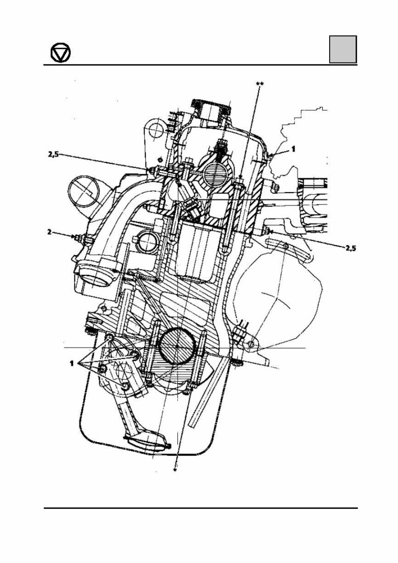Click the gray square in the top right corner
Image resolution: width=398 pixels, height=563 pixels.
[343, 49]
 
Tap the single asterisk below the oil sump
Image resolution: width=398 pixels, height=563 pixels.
[176, 470]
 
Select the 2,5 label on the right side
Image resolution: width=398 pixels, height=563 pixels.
[350, 248]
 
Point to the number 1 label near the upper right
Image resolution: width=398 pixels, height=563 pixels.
[293, 149]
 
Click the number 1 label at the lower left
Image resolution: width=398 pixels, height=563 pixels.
[70, 363]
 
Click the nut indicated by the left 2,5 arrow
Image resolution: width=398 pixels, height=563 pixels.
[151, 170]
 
